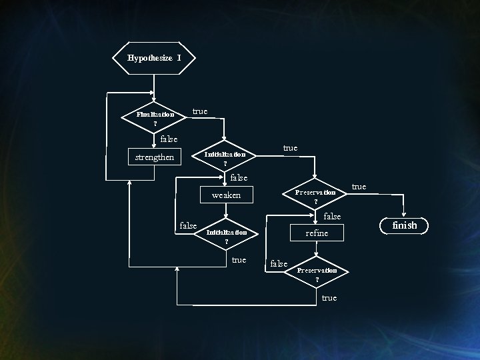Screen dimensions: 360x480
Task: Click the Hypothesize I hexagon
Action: click(x=155, y=58)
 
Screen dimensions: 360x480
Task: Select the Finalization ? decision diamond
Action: click(x=155, y=118)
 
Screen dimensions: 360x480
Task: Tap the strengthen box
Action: click(x=155, y=157)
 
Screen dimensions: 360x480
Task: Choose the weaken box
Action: click(x=226, y=195)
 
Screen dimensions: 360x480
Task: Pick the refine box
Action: click(x=317, y=233)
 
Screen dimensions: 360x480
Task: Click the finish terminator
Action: click(x=405, y=225)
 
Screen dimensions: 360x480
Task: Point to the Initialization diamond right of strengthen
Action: click(x=225, y=158)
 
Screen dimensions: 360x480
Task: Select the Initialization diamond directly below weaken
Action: click(x=227, y=236)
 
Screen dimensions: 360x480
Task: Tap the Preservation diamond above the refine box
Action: click(x=316, y=196)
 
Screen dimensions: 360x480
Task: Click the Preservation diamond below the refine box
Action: click(x=317, y=274)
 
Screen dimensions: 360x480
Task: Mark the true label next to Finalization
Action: click(x=199, y=111)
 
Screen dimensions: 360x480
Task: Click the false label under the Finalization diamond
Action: click(x=169, y=139)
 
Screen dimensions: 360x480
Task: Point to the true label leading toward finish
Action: click(x=359, y=187)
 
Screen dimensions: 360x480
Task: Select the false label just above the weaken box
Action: click(x=238, y=178)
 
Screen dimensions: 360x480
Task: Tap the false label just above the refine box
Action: click(x=331, y=217)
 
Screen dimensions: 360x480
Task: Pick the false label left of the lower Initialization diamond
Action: click(x=189, y=226)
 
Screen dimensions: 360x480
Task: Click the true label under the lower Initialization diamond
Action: click(x=239, y=260)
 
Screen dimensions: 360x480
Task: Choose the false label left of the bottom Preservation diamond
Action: click(x=279, y=264)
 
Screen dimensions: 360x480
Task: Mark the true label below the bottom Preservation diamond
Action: click(x=329, y=298)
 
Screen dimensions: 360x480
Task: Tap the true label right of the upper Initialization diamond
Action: click(x=290, y=148)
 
